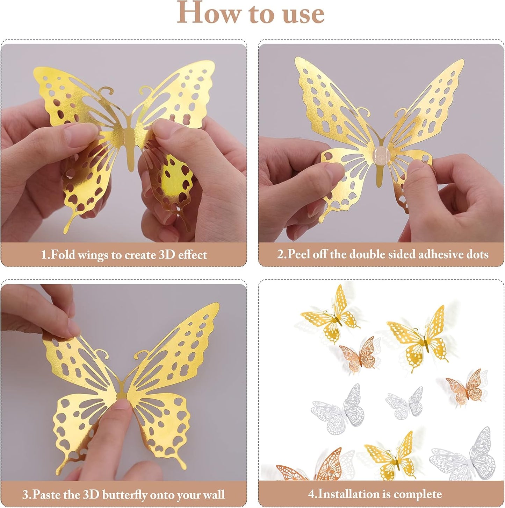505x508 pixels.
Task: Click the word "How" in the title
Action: (209, 13)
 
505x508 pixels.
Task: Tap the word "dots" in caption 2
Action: (477, 254)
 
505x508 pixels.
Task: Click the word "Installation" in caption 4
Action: (349, 494)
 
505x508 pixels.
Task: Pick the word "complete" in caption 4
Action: (421, 494)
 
